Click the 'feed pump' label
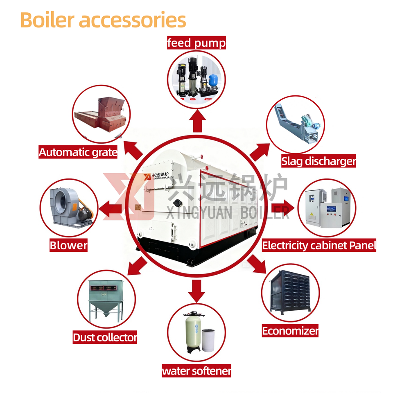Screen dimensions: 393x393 point(196,43)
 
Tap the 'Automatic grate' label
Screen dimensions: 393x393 point(78,153)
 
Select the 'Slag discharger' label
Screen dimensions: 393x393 point(318,161)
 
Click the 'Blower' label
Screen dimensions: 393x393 point(69,246)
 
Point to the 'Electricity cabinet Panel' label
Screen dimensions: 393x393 point(319,246)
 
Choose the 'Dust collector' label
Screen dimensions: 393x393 point(105,338)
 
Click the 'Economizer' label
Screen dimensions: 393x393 point(290,331)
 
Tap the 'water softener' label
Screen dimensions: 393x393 point(196,371)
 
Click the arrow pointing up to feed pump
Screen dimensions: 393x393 point(198,121)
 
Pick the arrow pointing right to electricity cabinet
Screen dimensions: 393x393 point(282,206)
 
